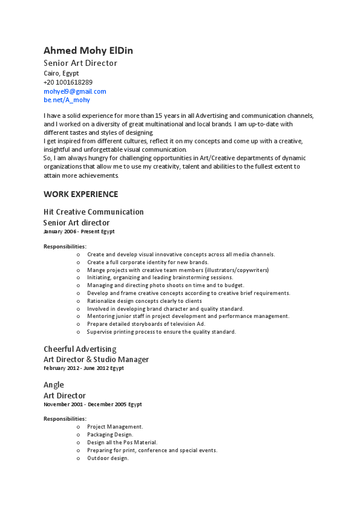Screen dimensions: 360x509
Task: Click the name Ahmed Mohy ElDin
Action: (x=88, y=51)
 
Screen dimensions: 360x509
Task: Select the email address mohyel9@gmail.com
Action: (x=74, y=91)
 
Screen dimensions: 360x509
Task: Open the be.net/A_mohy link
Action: (x=67, y=100)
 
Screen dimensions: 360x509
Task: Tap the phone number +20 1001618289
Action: (x=68, y=82)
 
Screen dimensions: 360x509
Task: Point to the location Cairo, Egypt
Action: (x=61, y=73)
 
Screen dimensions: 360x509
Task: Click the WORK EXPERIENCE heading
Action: (x=80, y=195)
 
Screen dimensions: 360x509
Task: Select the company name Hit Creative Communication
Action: (x=93, y=212)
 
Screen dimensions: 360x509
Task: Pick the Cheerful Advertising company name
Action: (x=80, y=349)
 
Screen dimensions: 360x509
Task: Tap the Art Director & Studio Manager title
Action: (x=96, y=360)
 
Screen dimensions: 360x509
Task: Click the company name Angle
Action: (x=53, y=385)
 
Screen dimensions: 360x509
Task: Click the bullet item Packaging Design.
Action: (x=110, y=435)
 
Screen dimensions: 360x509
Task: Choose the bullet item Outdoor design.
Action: (x=108, y=458)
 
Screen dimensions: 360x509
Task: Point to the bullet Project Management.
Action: (x=115, y=427)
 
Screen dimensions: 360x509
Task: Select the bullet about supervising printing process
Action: (x=161, y=332)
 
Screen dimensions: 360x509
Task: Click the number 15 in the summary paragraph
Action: (x=159, y=115)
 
